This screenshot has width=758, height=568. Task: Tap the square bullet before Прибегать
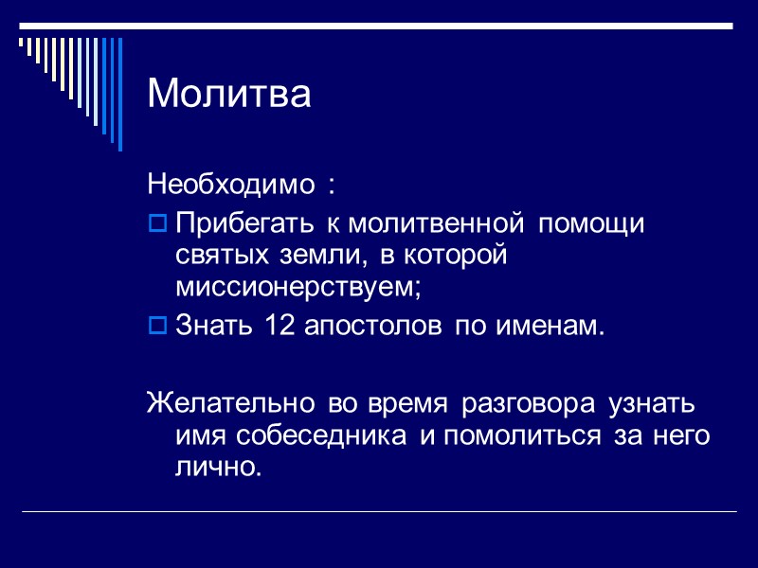pyautogui.click(x=158, y=224)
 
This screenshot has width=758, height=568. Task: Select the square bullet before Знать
pyautogui.click(x=158, y=327)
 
